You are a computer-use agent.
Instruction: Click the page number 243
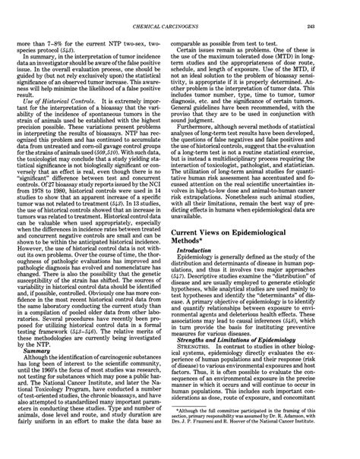point(340,6)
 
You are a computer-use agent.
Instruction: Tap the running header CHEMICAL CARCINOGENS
point(179,6)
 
